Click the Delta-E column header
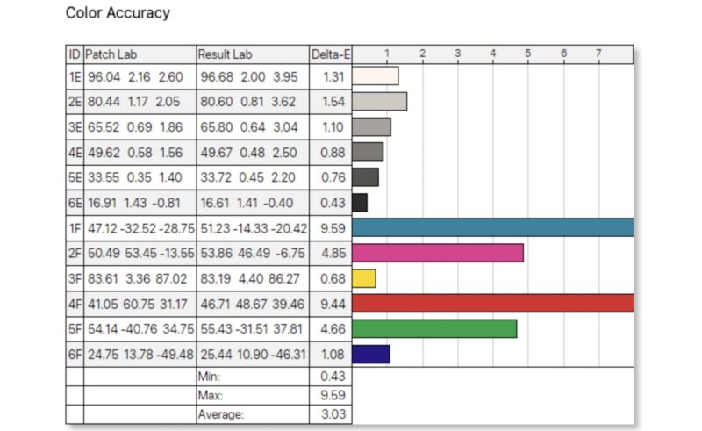click(331, 54)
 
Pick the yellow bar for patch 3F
click(363, 278)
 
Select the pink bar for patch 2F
click(437, 253)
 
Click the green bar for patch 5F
click(433, 329)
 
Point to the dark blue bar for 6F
click(370, 354)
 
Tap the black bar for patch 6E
click(359, 203)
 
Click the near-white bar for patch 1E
click(375, 75)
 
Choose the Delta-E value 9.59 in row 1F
click(330, 228)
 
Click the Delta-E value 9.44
click(330, 304)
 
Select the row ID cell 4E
click(75, 152)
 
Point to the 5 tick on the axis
click(528, 54)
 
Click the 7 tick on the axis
click(598, 54)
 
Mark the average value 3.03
click(330, 413)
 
